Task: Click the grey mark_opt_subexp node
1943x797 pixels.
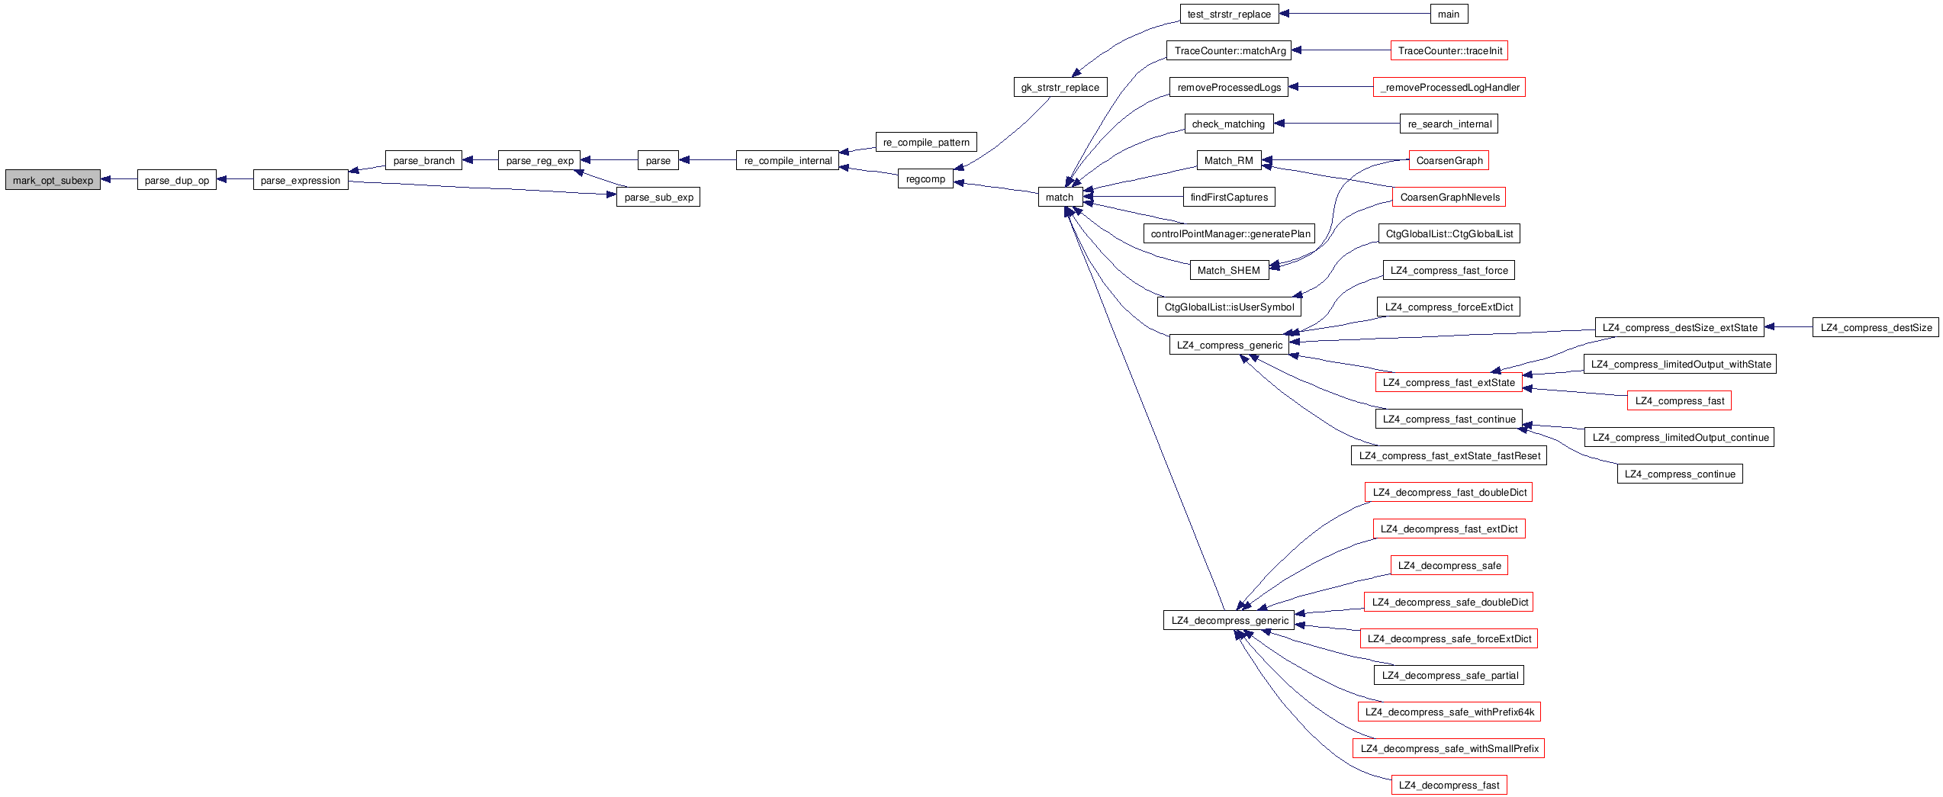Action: click(x=53, y=180)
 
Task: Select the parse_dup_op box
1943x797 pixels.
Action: click(x=176, y=180)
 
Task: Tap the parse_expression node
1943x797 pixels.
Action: click(x=300, y=180)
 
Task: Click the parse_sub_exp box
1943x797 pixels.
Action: click(x=658, y=197)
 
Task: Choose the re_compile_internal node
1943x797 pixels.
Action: click(x=787, y=160)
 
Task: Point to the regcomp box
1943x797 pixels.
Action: click(x=925, y=178)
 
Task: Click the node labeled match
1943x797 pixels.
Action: click(x=1060, y=197)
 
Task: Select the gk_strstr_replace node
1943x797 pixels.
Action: click(x=1060, y=87)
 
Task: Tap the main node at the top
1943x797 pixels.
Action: click(x=1448, y=14)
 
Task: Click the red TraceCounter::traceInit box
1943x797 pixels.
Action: click(x=1449, y=50)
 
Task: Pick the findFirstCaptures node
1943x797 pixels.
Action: click(x=1228, y=197)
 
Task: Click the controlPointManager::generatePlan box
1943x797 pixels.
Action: click(x=1230, y=233)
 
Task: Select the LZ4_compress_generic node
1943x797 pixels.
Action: click(x=1229, y=345)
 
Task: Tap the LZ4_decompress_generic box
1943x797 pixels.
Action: click(x=1229, y=620)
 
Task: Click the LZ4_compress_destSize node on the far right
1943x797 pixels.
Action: click(x=1875, y=327)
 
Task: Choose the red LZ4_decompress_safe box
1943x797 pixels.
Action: click(x=1449, y=565)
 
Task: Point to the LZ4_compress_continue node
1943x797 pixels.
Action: click(x=1679, y=474)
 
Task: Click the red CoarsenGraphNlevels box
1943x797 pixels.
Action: click(x=1449, y=197)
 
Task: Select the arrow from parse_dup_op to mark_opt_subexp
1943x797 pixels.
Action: click(x=119, y=179)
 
